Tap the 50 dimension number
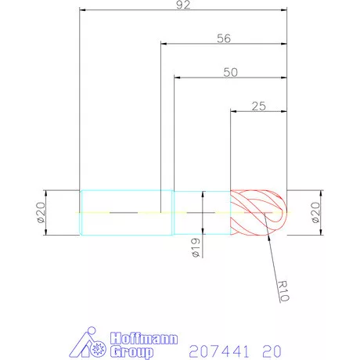coord(230,71)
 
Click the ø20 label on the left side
coord(41,212)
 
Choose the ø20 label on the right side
coord(315,212)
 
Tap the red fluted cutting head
coord(254,212)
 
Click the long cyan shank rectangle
coord(126,212)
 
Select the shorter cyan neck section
coord(201,212)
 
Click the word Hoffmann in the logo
coord(146,338)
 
